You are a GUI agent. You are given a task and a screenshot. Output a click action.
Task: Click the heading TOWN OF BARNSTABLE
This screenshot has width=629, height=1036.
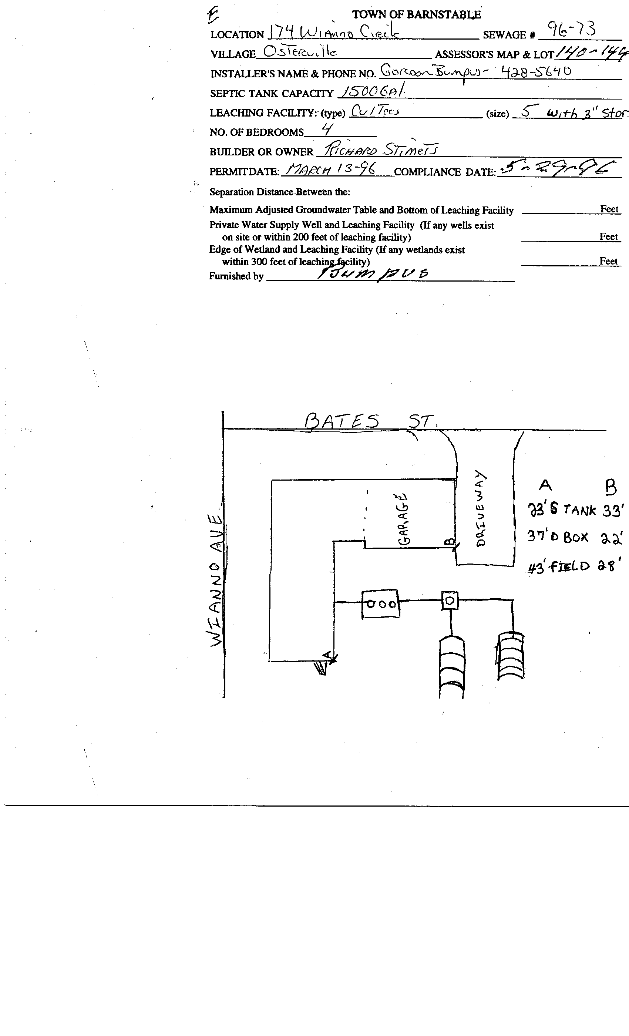pos(416,15)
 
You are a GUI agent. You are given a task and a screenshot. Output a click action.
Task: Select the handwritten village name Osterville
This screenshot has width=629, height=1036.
pos(299,52)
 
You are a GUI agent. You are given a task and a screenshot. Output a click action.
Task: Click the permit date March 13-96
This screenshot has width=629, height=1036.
pos(330,169)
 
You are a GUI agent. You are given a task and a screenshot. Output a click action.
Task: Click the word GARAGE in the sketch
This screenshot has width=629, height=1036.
pos(403,519)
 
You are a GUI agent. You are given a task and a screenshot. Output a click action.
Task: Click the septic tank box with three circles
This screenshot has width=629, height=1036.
pos(380,604)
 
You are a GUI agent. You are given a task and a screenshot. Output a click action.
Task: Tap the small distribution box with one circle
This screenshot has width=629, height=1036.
pos(450,601)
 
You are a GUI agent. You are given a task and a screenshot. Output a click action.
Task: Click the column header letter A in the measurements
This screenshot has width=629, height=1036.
pos(545,485)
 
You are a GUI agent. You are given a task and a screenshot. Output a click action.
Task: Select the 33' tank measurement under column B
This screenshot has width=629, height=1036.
pos(612,511)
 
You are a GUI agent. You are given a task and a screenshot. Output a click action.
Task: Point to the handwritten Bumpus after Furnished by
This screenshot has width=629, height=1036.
pos(372,274)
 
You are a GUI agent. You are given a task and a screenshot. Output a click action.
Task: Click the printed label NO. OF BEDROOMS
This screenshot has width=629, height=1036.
pos(256,132)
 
